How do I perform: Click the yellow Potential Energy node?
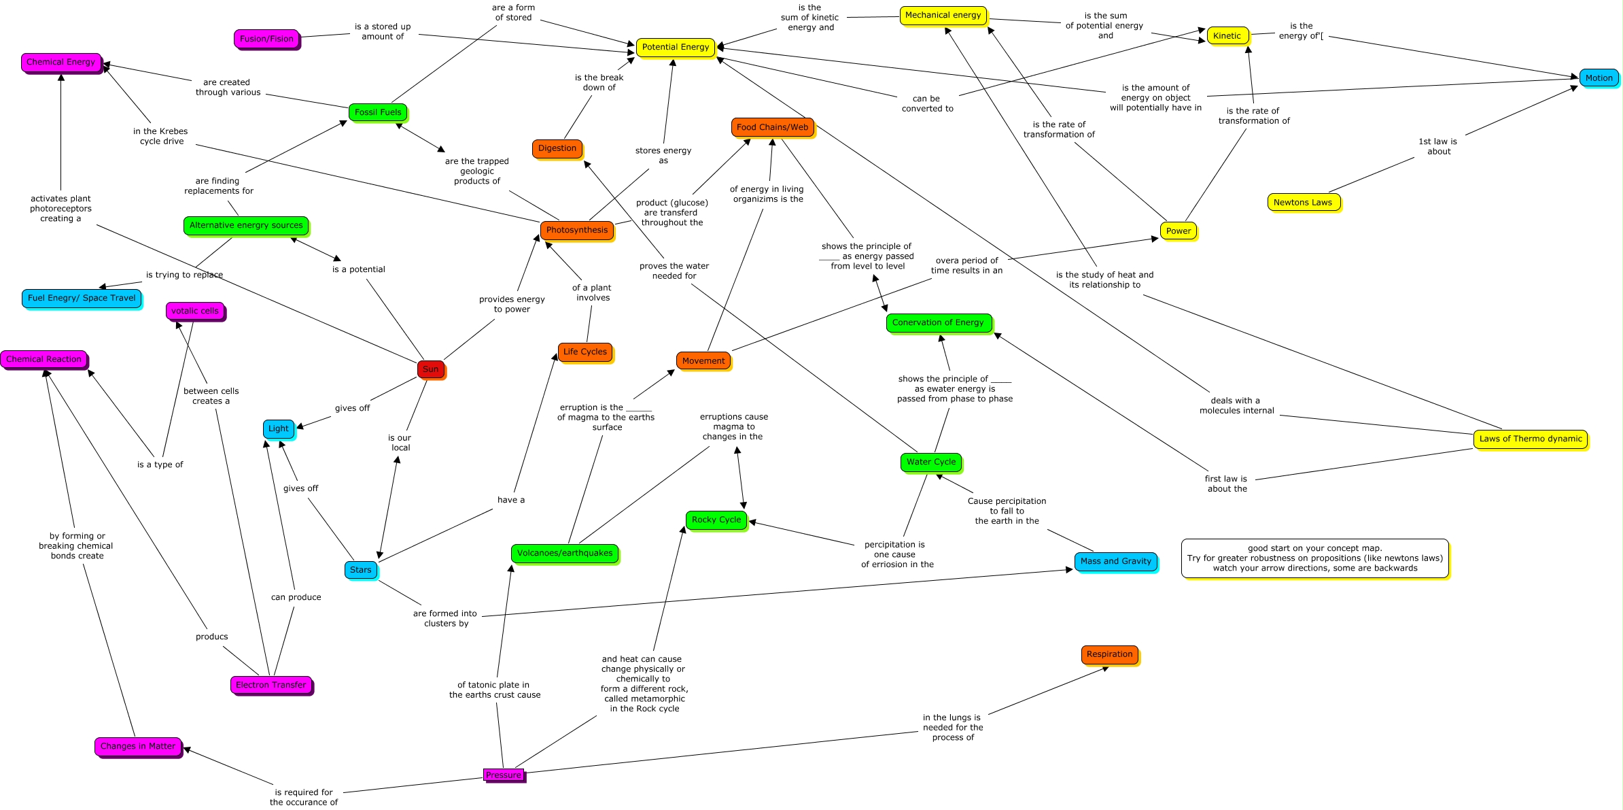click(x=675, y=47)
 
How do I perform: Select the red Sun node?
click(x=431, y=369)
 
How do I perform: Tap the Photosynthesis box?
click(x=577, y=230)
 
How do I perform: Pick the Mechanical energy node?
click(x=943, y=15)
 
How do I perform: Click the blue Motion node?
click(x=1599, y=78)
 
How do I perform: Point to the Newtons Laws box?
click(x=1303, y=202)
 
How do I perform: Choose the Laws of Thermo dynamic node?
click(x=1531, y=439)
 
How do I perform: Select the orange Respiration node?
click(x=1109, y=654)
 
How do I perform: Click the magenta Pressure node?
click(x=504, y=775)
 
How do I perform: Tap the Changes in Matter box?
click(x=138, y=746)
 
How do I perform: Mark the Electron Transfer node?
click(x=271, y=685)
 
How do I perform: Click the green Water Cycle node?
click(x=931, y=462)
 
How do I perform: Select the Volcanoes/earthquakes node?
click(x=565, y=553)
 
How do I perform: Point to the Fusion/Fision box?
click(x=266, y=39)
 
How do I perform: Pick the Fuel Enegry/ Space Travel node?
click(x=82, y=298)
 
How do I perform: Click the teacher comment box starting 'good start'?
click(x=1315, y=558)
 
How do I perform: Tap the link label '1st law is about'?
click(x=1438, y=146)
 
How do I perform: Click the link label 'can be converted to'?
click(x=927, y=103)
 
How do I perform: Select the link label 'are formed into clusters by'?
click(x=446, y=618)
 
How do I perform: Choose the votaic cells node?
click(x=195, y=311)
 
